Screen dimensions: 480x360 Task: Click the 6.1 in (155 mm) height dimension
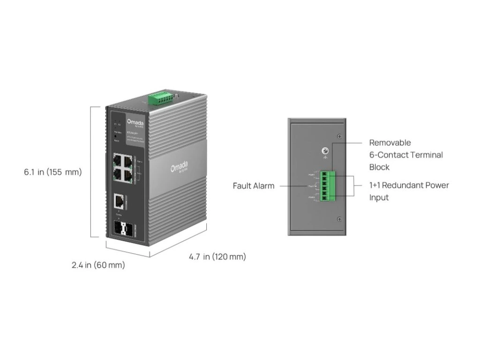53,172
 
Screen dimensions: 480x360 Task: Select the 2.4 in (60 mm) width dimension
98,265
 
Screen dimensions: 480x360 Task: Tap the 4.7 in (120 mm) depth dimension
217,256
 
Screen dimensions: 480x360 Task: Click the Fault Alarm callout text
254,186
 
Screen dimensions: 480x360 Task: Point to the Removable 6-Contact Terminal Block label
406,155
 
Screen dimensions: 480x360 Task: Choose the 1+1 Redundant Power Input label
409,191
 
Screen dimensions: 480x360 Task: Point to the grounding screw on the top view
323,151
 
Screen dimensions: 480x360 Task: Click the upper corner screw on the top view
339,136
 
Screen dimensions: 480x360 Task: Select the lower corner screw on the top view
339,219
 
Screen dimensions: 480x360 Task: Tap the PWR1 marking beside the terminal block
312,175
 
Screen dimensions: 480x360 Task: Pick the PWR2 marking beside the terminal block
312,199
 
